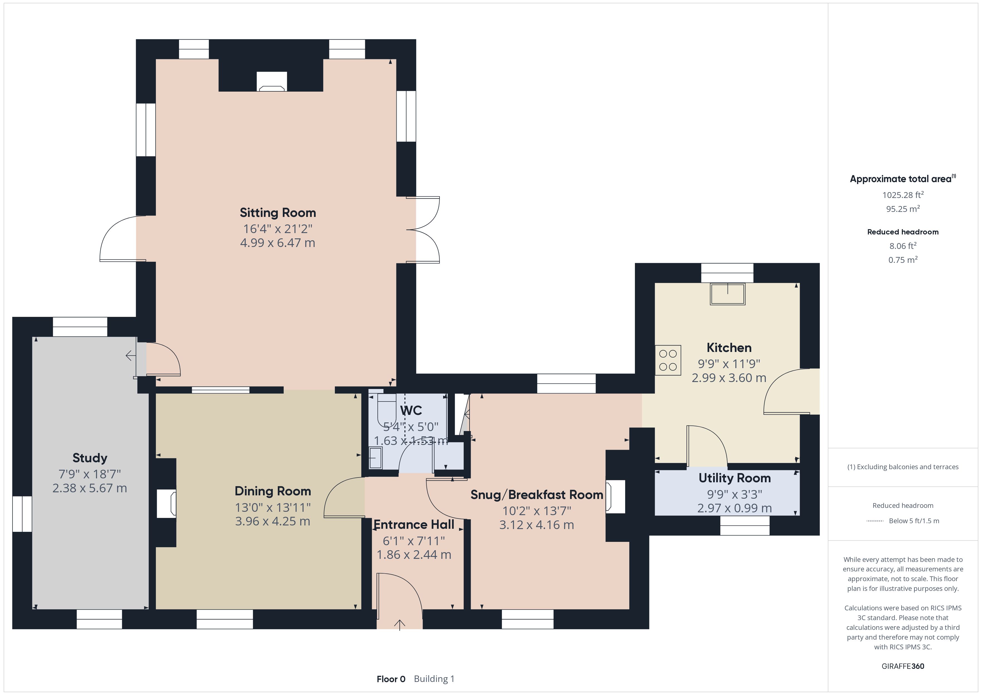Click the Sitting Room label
click(x=278, y=213)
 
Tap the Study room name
click(x=90, y=458)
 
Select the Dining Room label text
click(x=273, y=491)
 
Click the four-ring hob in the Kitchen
click(x=668, y=360)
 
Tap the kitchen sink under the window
click(x=728, y=294)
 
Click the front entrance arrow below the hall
click(x=399, y=625)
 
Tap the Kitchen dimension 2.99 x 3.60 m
click(x=729, y=378)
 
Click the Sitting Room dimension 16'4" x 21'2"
click(x=278, y=229)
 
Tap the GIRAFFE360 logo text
click(x=903, y=666)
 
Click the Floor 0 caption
click(x=391, y=679)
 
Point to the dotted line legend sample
click(x=875, y=521)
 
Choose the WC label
click(x=411, y=411)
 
